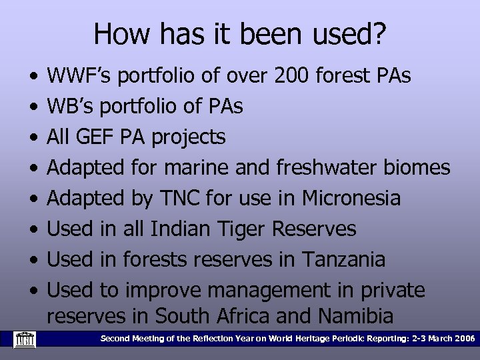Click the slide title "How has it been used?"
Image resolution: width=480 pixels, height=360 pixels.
pyautogui.click(x=239, y=33)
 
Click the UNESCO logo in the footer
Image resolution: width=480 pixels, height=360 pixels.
pyautogui.click(x=25, y=339)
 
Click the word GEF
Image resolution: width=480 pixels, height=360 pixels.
pyautogui.click(x=101, y=137)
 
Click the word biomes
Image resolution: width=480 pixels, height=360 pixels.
pyautogui.click(x=417, y=168)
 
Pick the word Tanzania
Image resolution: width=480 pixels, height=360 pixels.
pyautogui.click(x=343, y=260)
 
